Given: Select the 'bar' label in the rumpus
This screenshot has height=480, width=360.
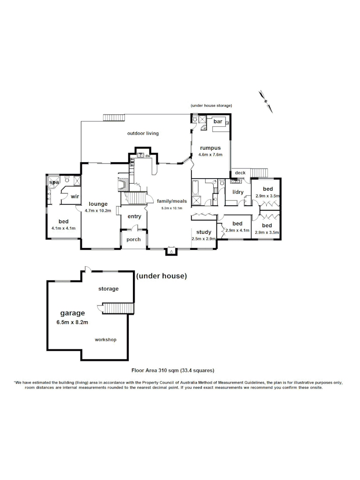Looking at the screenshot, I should click(218, 121).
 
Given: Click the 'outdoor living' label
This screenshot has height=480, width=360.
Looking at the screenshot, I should click(143, 133).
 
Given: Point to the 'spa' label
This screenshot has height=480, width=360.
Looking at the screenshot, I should click(54, 182).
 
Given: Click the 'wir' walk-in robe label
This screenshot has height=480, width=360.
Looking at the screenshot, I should click(75, 196).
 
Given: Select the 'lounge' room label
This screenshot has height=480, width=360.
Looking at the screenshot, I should click(98, 204).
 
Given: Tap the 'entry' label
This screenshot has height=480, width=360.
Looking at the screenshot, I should click(134, 216).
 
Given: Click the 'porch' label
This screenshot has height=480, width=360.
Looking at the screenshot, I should click(134, 240).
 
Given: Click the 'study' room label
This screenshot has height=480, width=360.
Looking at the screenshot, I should click(204, 232).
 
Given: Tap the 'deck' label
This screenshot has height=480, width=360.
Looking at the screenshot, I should click(240, 173).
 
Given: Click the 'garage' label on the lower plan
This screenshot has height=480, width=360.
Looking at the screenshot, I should click(72, 313).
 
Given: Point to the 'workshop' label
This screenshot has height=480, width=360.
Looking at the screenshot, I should click(106, 340).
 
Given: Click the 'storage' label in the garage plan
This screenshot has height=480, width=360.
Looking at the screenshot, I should click(108, 289).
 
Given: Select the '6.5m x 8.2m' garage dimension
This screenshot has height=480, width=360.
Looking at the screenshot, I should click(73, 322).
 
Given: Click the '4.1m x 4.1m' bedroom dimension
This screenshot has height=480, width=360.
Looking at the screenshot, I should click(64, 228).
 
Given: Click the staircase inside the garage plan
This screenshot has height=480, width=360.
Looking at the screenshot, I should click(118, 308).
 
